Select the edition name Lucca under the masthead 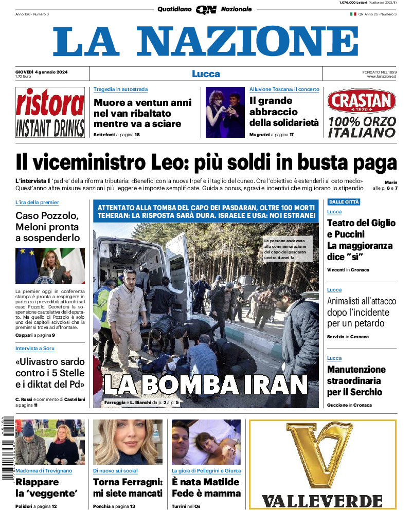(206, 74)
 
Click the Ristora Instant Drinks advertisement (50, 112)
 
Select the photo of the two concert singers (225, 112)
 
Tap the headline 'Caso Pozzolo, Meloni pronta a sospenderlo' (48, 227)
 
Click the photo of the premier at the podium (50, 266)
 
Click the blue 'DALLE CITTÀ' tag (344, 202)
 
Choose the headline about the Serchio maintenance (356, 380)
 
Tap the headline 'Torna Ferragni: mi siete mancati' (128, 487)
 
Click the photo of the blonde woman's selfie (128, 442)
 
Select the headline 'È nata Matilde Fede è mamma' (206, 487)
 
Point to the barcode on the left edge (6, 447)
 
